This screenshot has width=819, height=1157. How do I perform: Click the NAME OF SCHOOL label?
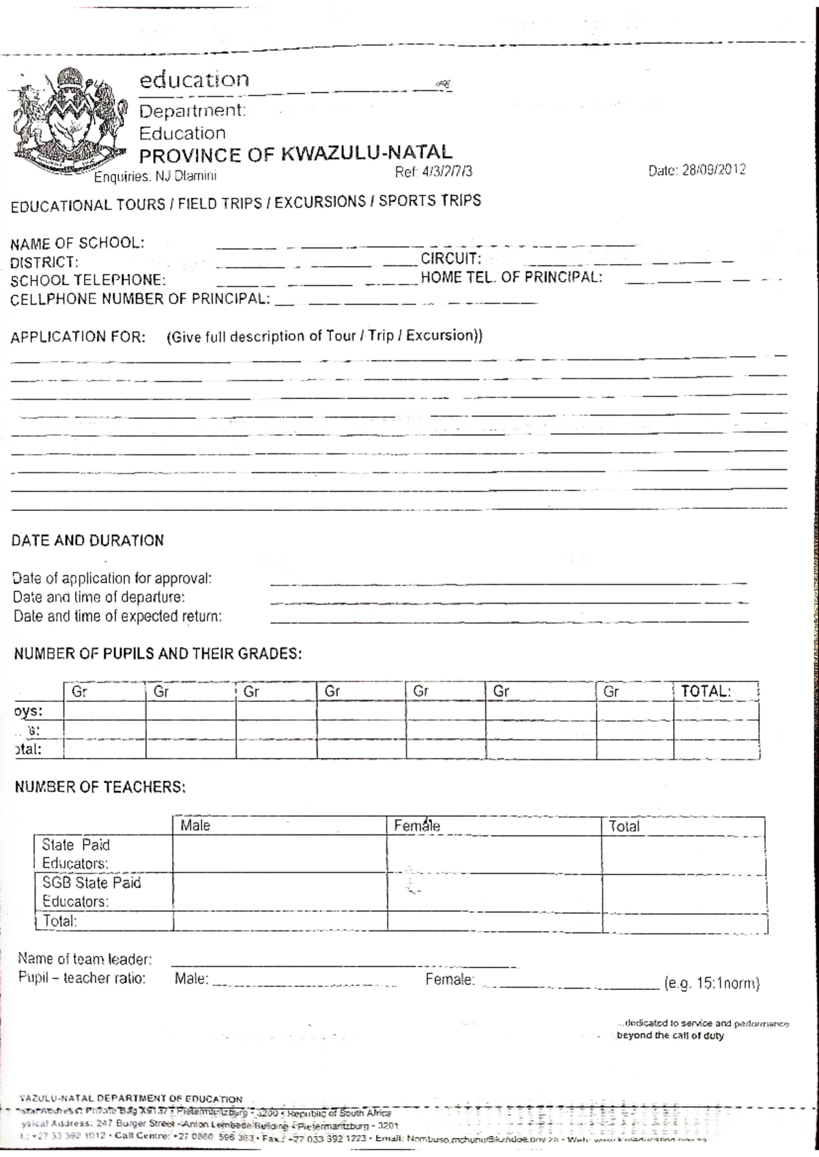point(77,243)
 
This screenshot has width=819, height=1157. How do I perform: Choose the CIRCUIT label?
point(451,259)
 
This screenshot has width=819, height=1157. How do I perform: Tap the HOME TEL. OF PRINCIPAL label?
point(511,277)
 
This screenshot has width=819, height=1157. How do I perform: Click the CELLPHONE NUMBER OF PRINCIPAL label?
point(140,299)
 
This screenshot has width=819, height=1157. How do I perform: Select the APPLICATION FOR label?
point(78,337)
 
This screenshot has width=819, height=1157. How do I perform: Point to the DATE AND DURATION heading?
point(87,541)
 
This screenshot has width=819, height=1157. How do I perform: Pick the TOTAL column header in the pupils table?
point(706,691)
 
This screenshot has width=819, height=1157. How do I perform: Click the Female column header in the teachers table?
point(417,826)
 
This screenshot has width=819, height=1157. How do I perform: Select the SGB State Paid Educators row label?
point(91,892)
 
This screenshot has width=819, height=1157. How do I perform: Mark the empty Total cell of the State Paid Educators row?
point(682,855)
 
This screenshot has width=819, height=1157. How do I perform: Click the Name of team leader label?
point(85,959)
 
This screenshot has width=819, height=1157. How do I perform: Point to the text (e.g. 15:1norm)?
point(711,984)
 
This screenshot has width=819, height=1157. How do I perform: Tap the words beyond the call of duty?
point(670,1036)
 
